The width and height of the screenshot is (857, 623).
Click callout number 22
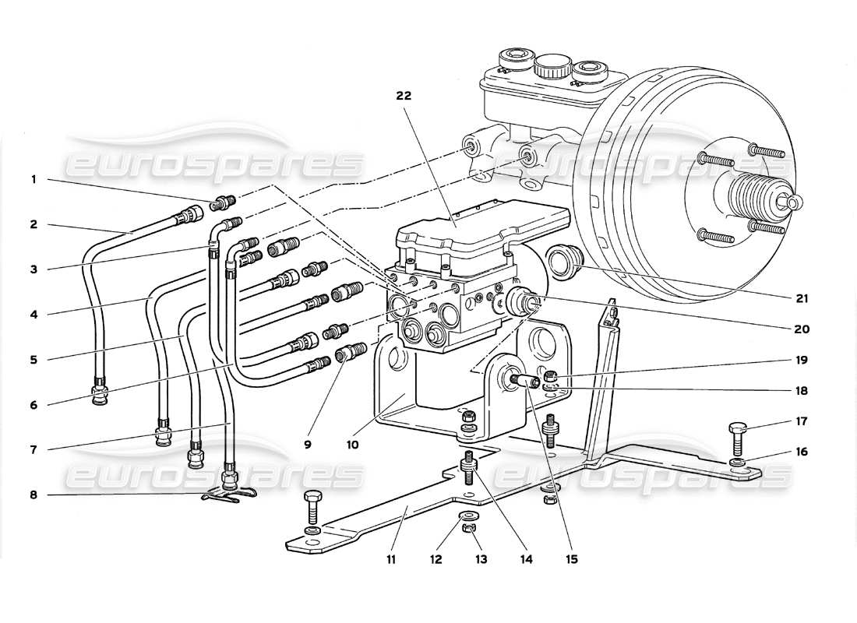pos(403,97)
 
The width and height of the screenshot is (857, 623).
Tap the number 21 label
pos(802,298)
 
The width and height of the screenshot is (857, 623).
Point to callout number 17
pos(802,421)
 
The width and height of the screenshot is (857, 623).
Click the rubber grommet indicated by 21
pos(563,262)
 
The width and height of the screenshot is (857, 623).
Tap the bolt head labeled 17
pos(738,428)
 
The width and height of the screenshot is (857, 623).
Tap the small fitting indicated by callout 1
pos(220,204)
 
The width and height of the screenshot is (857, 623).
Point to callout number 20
pos(802,329)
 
